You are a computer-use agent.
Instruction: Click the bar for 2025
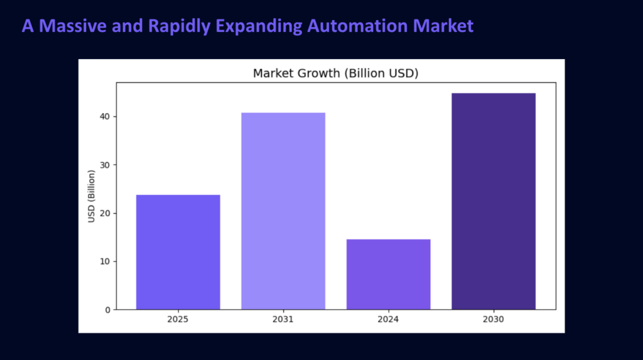point(178,252)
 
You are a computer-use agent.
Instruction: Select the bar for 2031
point(283,210)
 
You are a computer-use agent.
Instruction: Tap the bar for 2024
point(388,274)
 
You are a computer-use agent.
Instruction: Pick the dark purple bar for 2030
point(494,201)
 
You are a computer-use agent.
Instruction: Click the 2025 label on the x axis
point(178,319)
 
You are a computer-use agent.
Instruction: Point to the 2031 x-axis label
point(283,319)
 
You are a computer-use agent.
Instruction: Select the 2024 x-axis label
point(388,319)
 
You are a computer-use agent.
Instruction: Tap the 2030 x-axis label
point(494,319)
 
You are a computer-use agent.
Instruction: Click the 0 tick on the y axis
point(107,310)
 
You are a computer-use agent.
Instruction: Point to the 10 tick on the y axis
point(105,261)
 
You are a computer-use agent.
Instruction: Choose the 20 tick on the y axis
point(105,213)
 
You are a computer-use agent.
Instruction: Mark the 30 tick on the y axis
point(105,165)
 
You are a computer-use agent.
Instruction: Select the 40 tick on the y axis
point(105,117)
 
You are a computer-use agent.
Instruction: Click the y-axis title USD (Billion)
point(92,195)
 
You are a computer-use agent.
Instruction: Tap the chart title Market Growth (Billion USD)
point(335,74)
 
